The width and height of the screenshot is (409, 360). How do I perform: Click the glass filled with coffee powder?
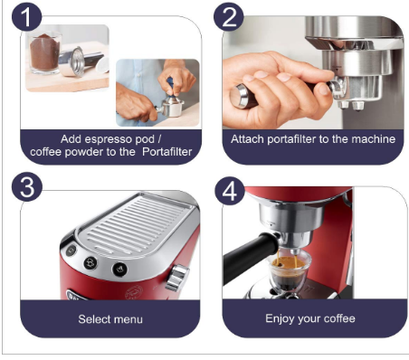43,59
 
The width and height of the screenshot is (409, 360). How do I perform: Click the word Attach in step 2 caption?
248,139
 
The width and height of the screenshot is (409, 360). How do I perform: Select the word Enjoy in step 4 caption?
281,318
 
